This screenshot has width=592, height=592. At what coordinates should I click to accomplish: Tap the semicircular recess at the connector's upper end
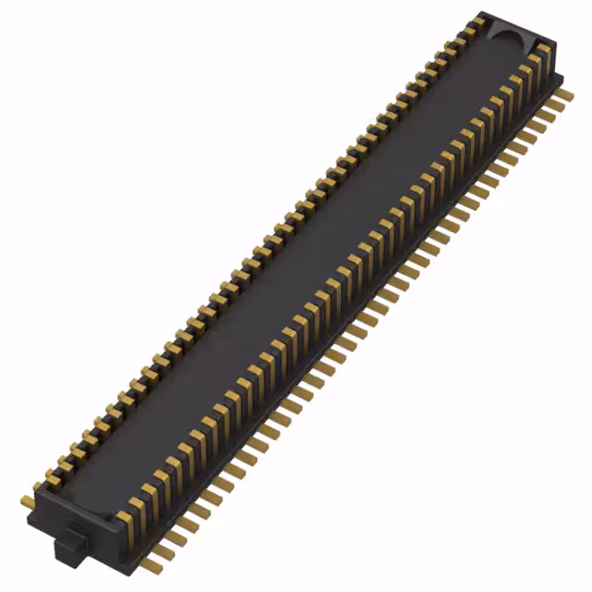point(506,37)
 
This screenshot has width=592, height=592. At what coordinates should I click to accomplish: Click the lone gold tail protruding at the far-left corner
point(27,501)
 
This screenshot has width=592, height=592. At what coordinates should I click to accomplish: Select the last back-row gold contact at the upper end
point(478,20)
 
